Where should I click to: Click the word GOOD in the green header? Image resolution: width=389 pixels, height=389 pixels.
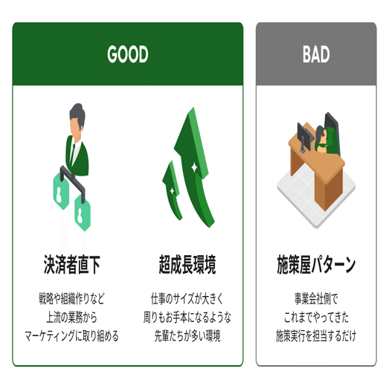(128, 54)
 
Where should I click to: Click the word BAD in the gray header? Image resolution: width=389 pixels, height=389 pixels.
(316, 54)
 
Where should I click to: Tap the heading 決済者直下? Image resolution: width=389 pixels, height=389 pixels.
(72, 265)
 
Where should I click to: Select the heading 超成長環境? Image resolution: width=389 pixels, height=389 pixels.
(187, 265)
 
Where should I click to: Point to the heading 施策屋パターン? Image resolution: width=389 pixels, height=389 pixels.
(316, 265)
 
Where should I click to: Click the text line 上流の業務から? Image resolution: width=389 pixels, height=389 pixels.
(71, 318)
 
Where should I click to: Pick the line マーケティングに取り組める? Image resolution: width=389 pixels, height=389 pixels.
(71, 336)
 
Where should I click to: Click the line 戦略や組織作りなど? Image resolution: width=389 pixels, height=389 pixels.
(71, 298)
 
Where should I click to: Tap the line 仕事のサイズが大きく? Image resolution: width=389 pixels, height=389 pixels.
(187, 298)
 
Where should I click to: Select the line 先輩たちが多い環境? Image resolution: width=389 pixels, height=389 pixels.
(187, 336)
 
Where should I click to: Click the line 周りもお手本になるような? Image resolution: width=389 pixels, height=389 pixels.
(187, 318)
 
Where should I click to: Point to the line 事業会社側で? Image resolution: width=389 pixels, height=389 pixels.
(316, 298)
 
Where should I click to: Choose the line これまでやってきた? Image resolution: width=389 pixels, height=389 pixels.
(316, 318)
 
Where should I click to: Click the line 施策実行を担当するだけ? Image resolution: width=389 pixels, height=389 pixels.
(316, 336)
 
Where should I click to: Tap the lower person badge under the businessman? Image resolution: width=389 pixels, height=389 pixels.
(83, 213)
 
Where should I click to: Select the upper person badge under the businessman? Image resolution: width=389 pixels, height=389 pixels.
(61, 191)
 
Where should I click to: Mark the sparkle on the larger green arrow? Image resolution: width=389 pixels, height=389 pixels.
(194, 167)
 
